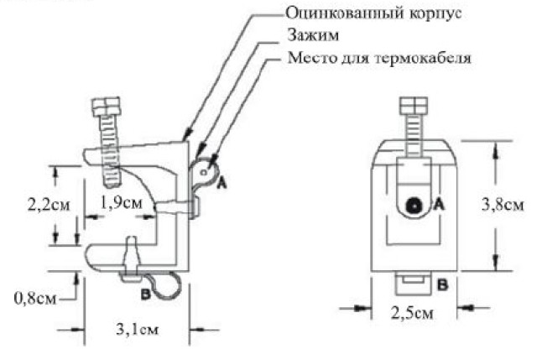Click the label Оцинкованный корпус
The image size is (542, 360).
tap(373, 13)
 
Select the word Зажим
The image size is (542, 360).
tap(313, 35)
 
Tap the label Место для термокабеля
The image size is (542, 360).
tap(379, 57)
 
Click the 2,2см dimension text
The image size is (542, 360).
tap(49, 205)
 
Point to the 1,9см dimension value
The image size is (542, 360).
tap(121, 202)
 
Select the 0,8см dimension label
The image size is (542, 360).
tap(34, 298)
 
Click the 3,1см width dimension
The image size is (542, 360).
tap(138, 329)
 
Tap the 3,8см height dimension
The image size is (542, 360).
tap(503, 205)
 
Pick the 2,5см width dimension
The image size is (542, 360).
tap(412, 313)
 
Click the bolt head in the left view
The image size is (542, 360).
tap(106, 106)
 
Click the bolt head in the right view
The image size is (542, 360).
tap(414, 106)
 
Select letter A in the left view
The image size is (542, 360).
tap(221, 182)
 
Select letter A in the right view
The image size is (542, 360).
tap(438, 205)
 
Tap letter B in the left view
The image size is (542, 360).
tap(145, 295)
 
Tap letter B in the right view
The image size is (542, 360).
tap(442, 285)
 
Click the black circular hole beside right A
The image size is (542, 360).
tap(414, 206)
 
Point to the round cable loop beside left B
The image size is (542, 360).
tap(167, 285)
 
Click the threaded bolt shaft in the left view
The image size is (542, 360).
tap(112, 151)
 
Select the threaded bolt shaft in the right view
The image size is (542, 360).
tap(414, 136)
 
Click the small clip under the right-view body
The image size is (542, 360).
tap(414, 283)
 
